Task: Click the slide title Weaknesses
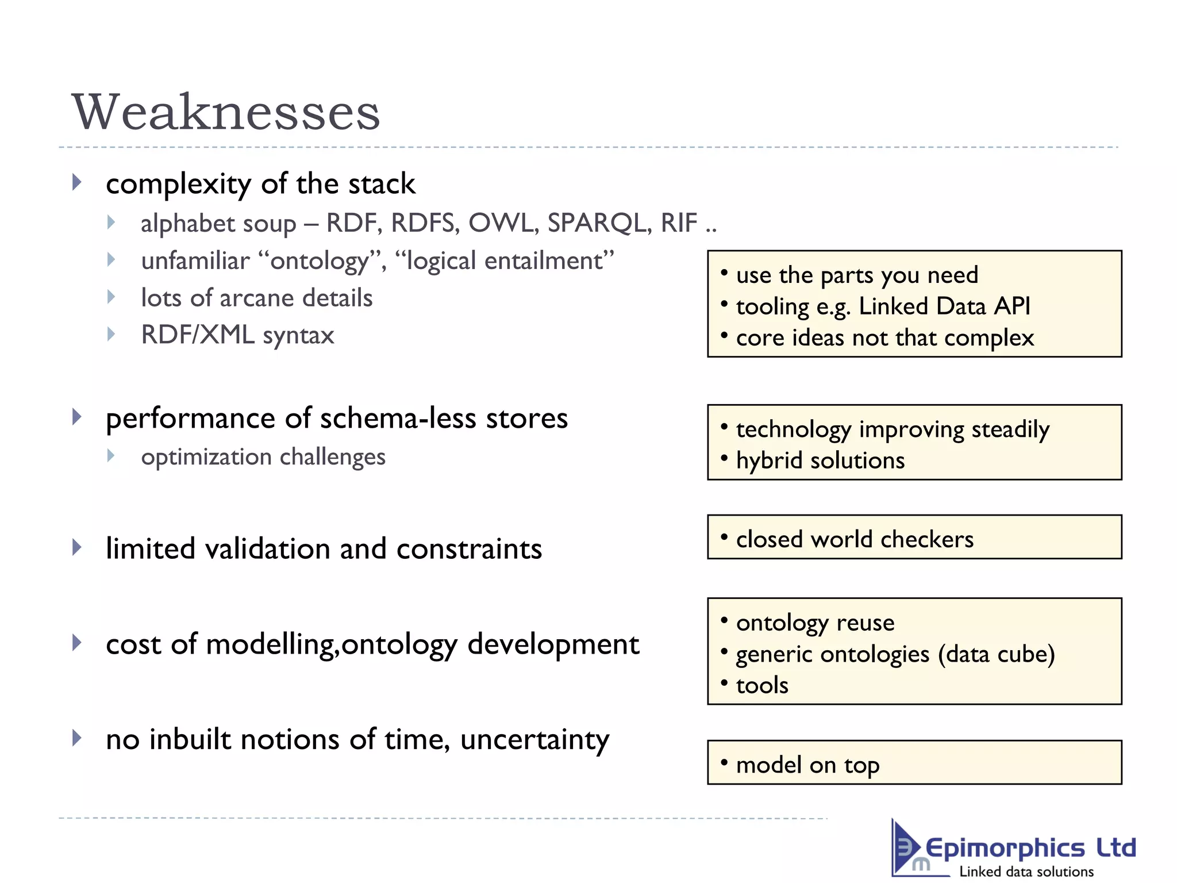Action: point(225,112)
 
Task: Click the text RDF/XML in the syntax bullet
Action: point(198,335)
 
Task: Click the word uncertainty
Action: point(534,740)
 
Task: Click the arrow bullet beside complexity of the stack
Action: point(77,183)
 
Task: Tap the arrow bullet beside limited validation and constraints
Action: point(77,547)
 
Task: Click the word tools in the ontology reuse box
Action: point(762,685)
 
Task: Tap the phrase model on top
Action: point(807,765)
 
